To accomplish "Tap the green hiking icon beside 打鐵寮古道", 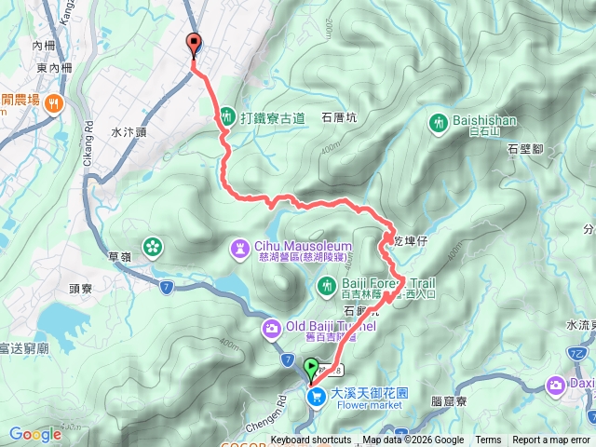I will point(227,117).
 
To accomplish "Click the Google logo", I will point(35,434).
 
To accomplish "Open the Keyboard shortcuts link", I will point(311,440).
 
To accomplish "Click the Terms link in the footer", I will point(488,440).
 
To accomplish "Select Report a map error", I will point(550,440).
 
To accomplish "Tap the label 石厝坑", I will point(339,118).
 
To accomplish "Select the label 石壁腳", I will point(525,148).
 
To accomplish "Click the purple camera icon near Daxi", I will point(556,384).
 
